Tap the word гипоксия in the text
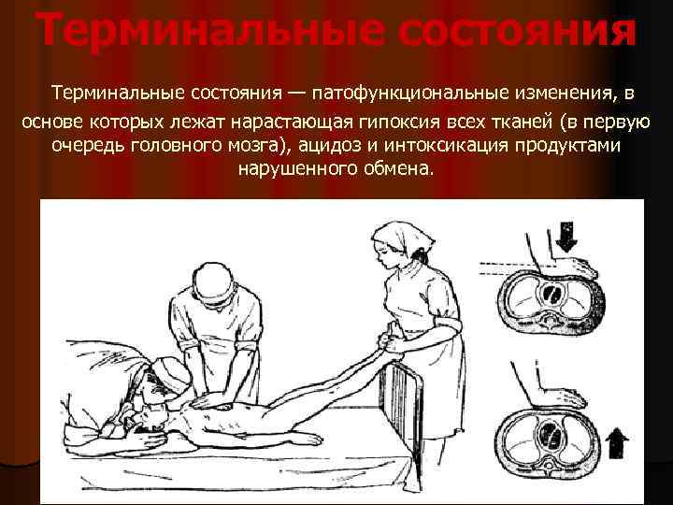397,123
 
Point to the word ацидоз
329,145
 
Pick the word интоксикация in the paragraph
446,145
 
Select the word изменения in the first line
562,93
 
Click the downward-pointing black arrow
567,238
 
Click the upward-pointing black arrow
618,442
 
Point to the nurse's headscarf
400,238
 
